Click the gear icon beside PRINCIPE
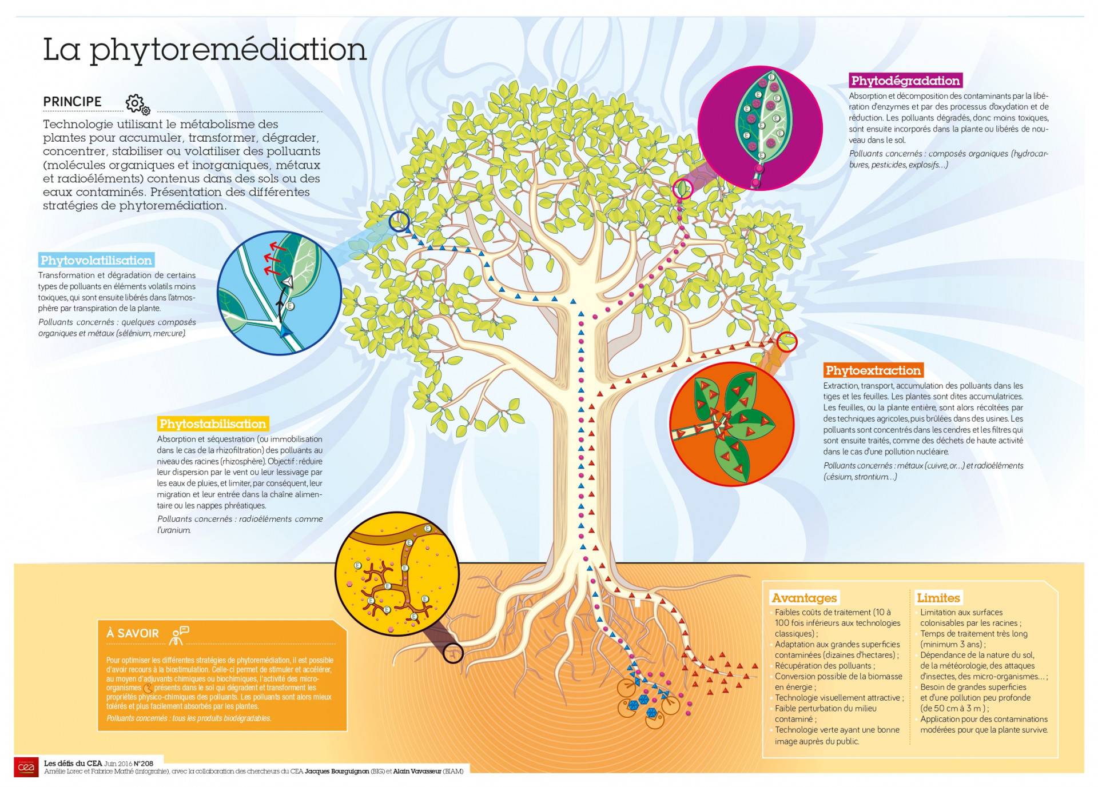[x=137, y=104]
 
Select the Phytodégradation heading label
[x=905, y=81]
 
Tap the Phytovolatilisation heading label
[x=96, y=261]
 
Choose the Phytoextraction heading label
[x=873, y=370]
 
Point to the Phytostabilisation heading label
[x=213, y=424]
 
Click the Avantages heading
[x=804, y=598]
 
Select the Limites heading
[x=938, y=598]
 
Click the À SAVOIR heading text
[x=133, y=633]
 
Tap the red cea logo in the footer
[x=26, y=767]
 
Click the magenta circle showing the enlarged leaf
[x=760, y=128]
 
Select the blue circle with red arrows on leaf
[x=280, y=293]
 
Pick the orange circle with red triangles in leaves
[x=731, y=424]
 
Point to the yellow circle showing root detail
[x=397, y=574]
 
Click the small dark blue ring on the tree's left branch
[x=399, y=221]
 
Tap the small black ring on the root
[x=453, y=653]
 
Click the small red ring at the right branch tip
[x=787, y=342]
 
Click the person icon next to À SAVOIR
[x=179, y=634]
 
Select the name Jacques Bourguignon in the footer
[x=337, y=772]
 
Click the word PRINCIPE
[x=72, y=102]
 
